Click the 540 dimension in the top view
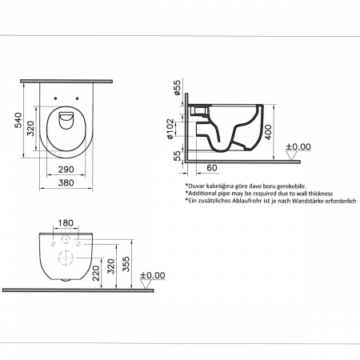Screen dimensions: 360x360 pyautogui.click(x=18, y=120)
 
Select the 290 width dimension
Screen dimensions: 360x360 pyautogui.click(x=66, y=170)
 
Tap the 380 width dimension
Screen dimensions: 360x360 pyautogui.click(x=66, y=183)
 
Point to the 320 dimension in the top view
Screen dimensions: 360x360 pyautogui.click(x=30, y=129)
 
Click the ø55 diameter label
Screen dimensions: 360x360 pyautogui.click(x=177, y=87)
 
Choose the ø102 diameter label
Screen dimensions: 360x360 pyautogui.click(x=170, y=129)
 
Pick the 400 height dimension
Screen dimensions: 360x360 pyautogui.click(x=268, y=132)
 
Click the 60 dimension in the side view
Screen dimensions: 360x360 pyautogui.click(x=212, y=168)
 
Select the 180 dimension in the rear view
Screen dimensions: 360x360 pyautogui.click(x=66, y=223)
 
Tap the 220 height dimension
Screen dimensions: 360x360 pyautogui.click(x=96, y=273)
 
